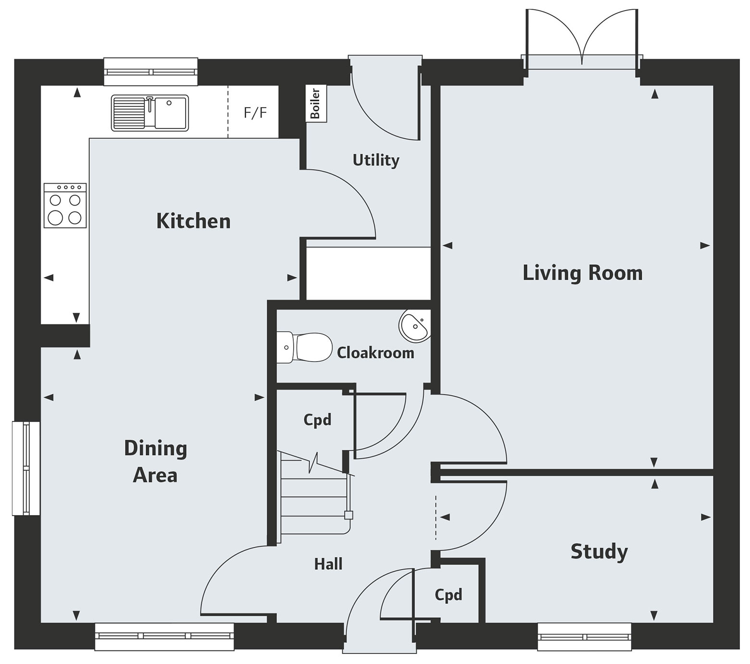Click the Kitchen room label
(x=193, y=221)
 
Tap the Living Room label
(x=583, y=273)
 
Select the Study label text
(x=599, y=552)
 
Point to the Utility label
(x=376, y=160)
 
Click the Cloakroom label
(x=375, y=353)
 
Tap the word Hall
(x=328, y=564)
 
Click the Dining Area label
(x=155, y=461)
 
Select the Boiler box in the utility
(x=316, y=103)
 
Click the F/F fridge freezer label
(x=255, y=112)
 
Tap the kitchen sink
(x=150, y=113)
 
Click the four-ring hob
(x=65, y=205)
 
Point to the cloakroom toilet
(x=305, y=347)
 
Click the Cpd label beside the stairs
(x=317, y=420)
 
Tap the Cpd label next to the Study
(x=448, y=595)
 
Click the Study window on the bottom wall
(x=584, y=637)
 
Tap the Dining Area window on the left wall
(x=26, y=468)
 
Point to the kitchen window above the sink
(x=151, y=72)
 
